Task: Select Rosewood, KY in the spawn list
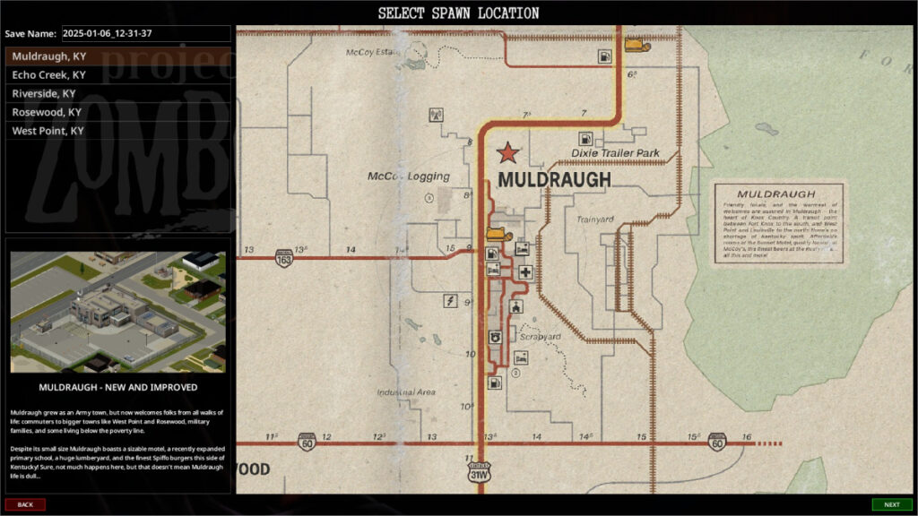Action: click(47, 112)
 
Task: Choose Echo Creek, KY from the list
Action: click(48, 75)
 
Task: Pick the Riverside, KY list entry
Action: click(44, 93)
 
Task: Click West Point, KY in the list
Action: click(48, 131)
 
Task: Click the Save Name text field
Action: click(145, 34)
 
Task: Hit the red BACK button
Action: click(25, 504)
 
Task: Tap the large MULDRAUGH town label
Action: click(553, 180)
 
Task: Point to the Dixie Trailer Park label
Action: click(615, 153)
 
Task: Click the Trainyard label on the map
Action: click(594, 219)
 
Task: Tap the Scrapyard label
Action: click(540, 337)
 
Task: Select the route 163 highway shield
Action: click(284, 258)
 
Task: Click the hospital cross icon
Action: click(524, 271)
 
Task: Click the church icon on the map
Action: click(515, 307)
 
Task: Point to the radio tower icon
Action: click(436, 115)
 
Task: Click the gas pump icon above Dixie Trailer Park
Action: click(585, 139)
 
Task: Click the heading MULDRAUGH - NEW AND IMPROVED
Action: click(117, 388)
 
